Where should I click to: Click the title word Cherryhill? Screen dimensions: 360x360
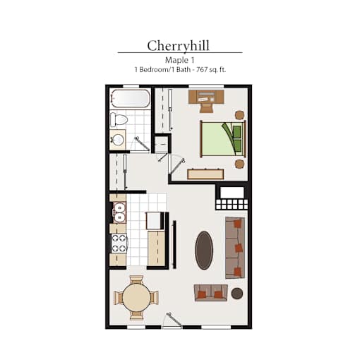tap(178, 46)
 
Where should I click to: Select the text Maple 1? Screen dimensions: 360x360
tap(180, 60)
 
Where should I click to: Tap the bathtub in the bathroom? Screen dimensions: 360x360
tap(131, 98)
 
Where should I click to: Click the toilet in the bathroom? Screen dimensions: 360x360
tap(119, 119)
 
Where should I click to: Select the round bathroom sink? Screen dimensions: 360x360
tap(118, 140)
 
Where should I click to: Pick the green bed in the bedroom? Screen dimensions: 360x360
tap(223, 139)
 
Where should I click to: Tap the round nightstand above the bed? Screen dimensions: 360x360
tap(239, 115)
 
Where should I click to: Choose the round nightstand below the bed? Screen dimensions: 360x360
tap(239, 164)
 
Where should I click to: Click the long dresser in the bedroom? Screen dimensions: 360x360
tap(205, 174)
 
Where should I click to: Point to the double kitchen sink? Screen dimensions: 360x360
tap(119, 212)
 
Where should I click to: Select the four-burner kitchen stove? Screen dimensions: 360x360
tap(119, 244)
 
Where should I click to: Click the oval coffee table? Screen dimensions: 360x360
tap(204, 250)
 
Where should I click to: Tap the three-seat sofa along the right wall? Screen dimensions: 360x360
tap(235, 248)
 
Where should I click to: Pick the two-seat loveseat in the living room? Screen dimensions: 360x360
tap(211, 293)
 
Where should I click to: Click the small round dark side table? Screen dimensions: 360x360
tap(237, 294)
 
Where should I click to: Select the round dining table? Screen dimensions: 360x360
tap(136, 298)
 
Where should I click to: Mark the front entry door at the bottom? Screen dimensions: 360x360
tap(172, 320)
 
